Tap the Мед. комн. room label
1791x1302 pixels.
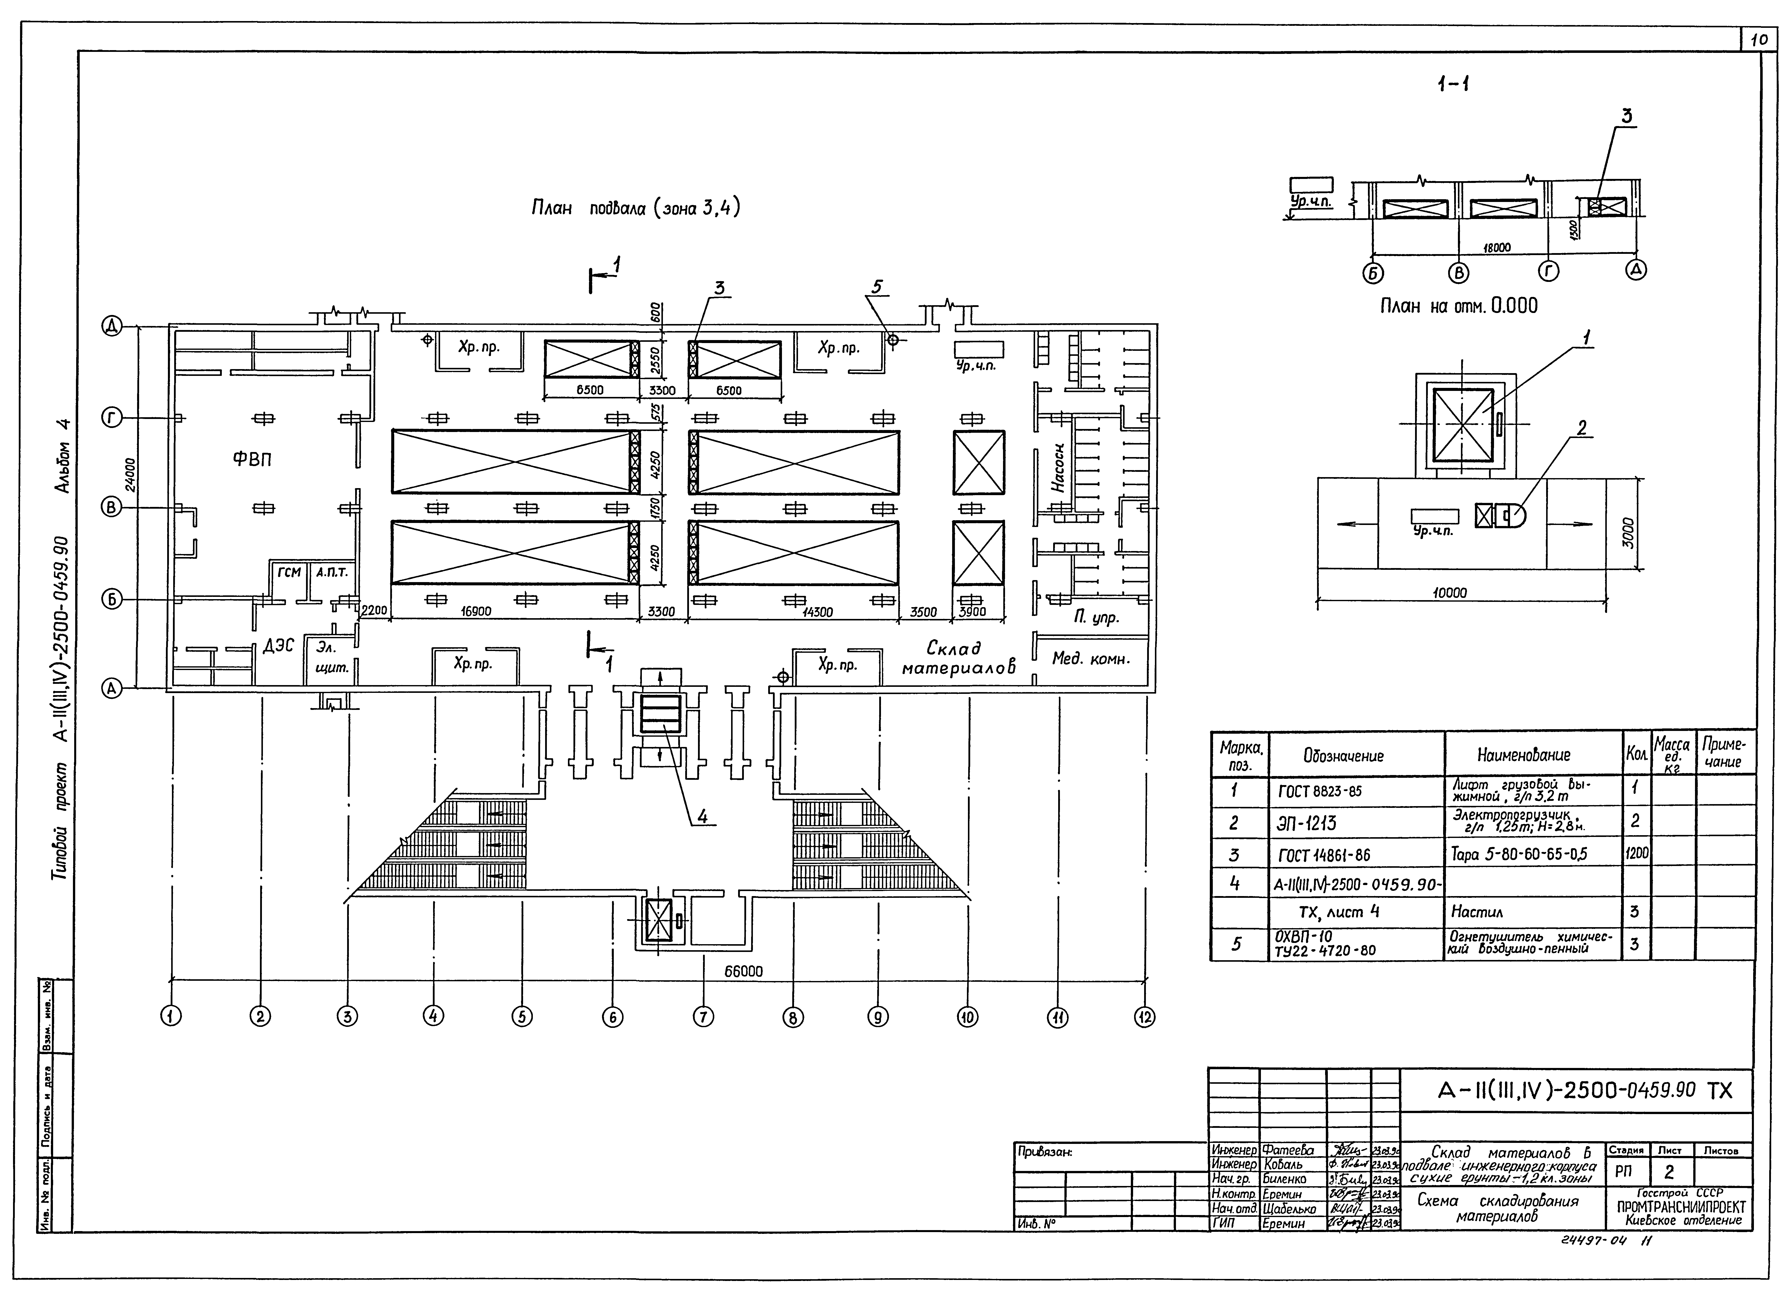[x=1090, y=659]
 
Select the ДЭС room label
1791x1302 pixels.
[x=278, y=646]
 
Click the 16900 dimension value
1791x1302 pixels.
[x=476, y=611]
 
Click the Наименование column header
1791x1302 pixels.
[x=1523, y=755]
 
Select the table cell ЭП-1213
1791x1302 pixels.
[x=1306, y=823]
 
